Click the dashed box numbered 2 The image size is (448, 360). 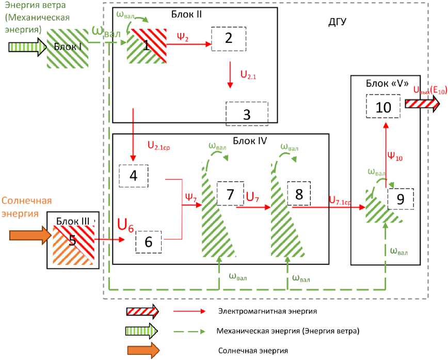pos(228,38)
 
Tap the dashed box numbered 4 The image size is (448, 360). pos(133,176)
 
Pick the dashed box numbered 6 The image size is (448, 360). pos(148,242)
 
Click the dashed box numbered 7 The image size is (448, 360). pos(231,194)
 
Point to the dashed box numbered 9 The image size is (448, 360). pos(401,197)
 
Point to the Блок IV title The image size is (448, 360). pos(249,140)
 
